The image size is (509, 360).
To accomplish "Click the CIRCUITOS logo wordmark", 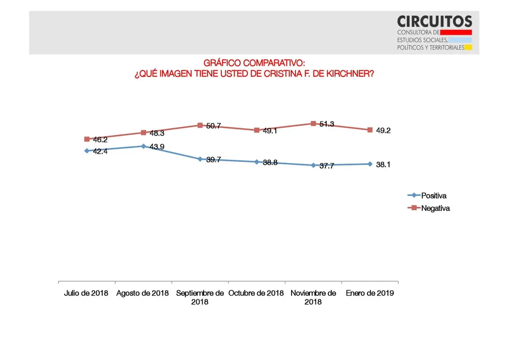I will (x=434, y=21).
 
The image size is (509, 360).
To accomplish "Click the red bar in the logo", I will (x=456, y=32).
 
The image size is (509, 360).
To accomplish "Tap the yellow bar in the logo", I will (x=468, y=48).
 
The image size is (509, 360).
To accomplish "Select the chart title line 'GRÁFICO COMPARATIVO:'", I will (x=254, y=63).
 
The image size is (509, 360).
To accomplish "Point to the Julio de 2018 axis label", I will (x=87, y=293).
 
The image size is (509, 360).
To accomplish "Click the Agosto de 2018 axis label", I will (x=143, y=293).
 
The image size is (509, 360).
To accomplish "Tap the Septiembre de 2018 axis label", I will (x=200, y=297).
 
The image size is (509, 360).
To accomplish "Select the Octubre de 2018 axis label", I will (x=256, y=293).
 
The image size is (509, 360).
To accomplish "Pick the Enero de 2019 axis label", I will (x=370, y=293).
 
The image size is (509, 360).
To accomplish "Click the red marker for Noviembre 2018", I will (x=313, y=123).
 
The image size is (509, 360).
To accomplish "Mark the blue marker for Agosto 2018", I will (x=144, y=146).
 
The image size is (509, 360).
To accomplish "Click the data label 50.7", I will (x=214, y=126).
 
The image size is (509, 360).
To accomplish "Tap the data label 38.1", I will (x=383, y=164).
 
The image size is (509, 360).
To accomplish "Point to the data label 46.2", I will (x=100, y=140).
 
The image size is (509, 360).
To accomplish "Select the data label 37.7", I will (x=326, y=166).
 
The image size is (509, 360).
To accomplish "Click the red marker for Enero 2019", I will (x=370, y=130).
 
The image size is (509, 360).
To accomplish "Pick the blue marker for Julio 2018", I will (x=87, y=151).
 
